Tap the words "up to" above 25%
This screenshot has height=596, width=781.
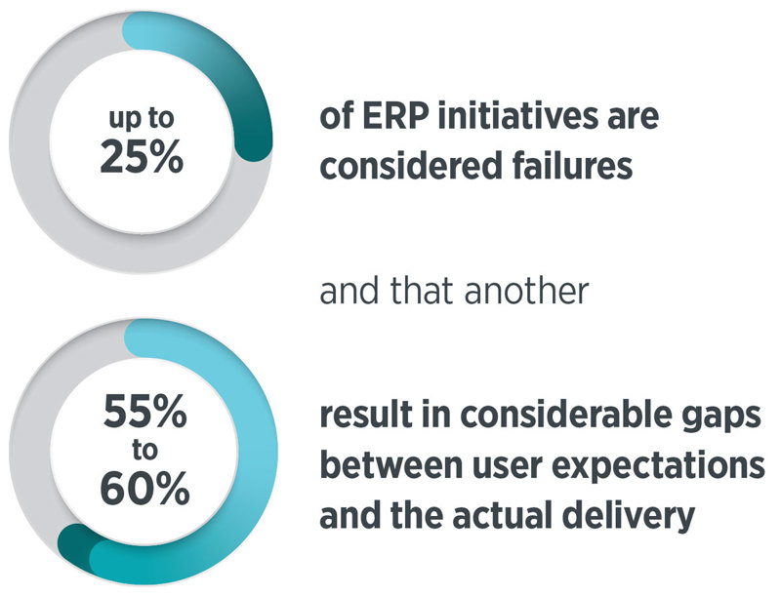[x=142, y=119]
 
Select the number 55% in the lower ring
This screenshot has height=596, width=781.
[x=144, y=411]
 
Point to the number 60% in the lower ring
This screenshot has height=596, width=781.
[x=144, y=488]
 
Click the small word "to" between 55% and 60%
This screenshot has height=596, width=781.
[x=144, y=450]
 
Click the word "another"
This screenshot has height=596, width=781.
[x=527, y=291]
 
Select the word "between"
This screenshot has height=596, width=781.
[x=391, y=464]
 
